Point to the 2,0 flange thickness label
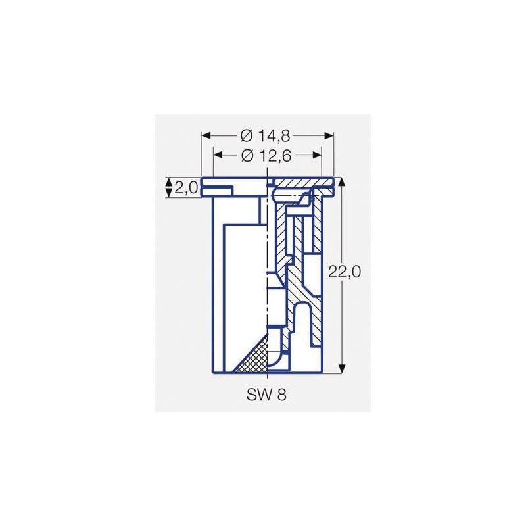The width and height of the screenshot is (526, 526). (187, 189)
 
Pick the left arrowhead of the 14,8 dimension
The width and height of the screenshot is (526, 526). (205, 135)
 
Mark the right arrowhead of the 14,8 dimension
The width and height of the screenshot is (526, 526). (330, 135)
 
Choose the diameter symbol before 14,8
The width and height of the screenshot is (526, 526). (247, 135)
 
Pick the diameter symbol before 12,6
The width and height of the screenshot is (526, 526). (247, 156)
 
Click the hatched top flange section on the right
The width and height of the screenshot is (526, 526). (302, 182)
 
